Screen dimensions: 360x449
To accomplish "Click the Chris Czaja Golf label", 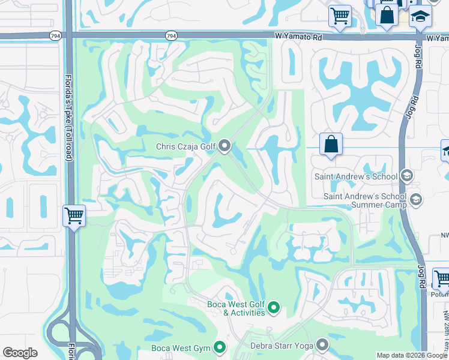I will (185, 146).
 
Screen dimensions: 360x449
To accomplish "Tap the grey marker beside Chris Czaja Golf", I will (225, 146).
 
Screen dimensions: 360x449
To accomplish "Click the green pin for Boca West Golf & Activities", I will (274, 308).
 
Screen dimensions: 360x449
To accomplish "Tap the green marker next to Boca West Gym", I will (220, 347).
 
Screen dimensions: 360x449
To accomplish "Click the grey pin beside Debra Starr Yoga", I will (322, 344).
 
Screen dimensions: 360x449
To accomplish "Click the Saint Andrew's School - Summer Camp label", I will (365, 200).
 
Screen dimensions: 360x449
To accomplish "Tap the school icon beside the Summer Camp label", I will (415, 199).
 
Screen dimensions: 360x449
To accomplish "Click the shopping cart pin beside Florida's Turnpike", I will (74, 214).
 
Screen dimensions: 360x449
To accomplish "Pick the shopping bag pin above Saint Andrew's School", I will (331, 145).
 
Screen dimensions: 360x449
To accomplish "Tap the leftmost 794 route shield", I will (54, 36).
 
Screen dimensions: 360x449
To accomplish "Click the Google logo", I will (20, 353).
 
